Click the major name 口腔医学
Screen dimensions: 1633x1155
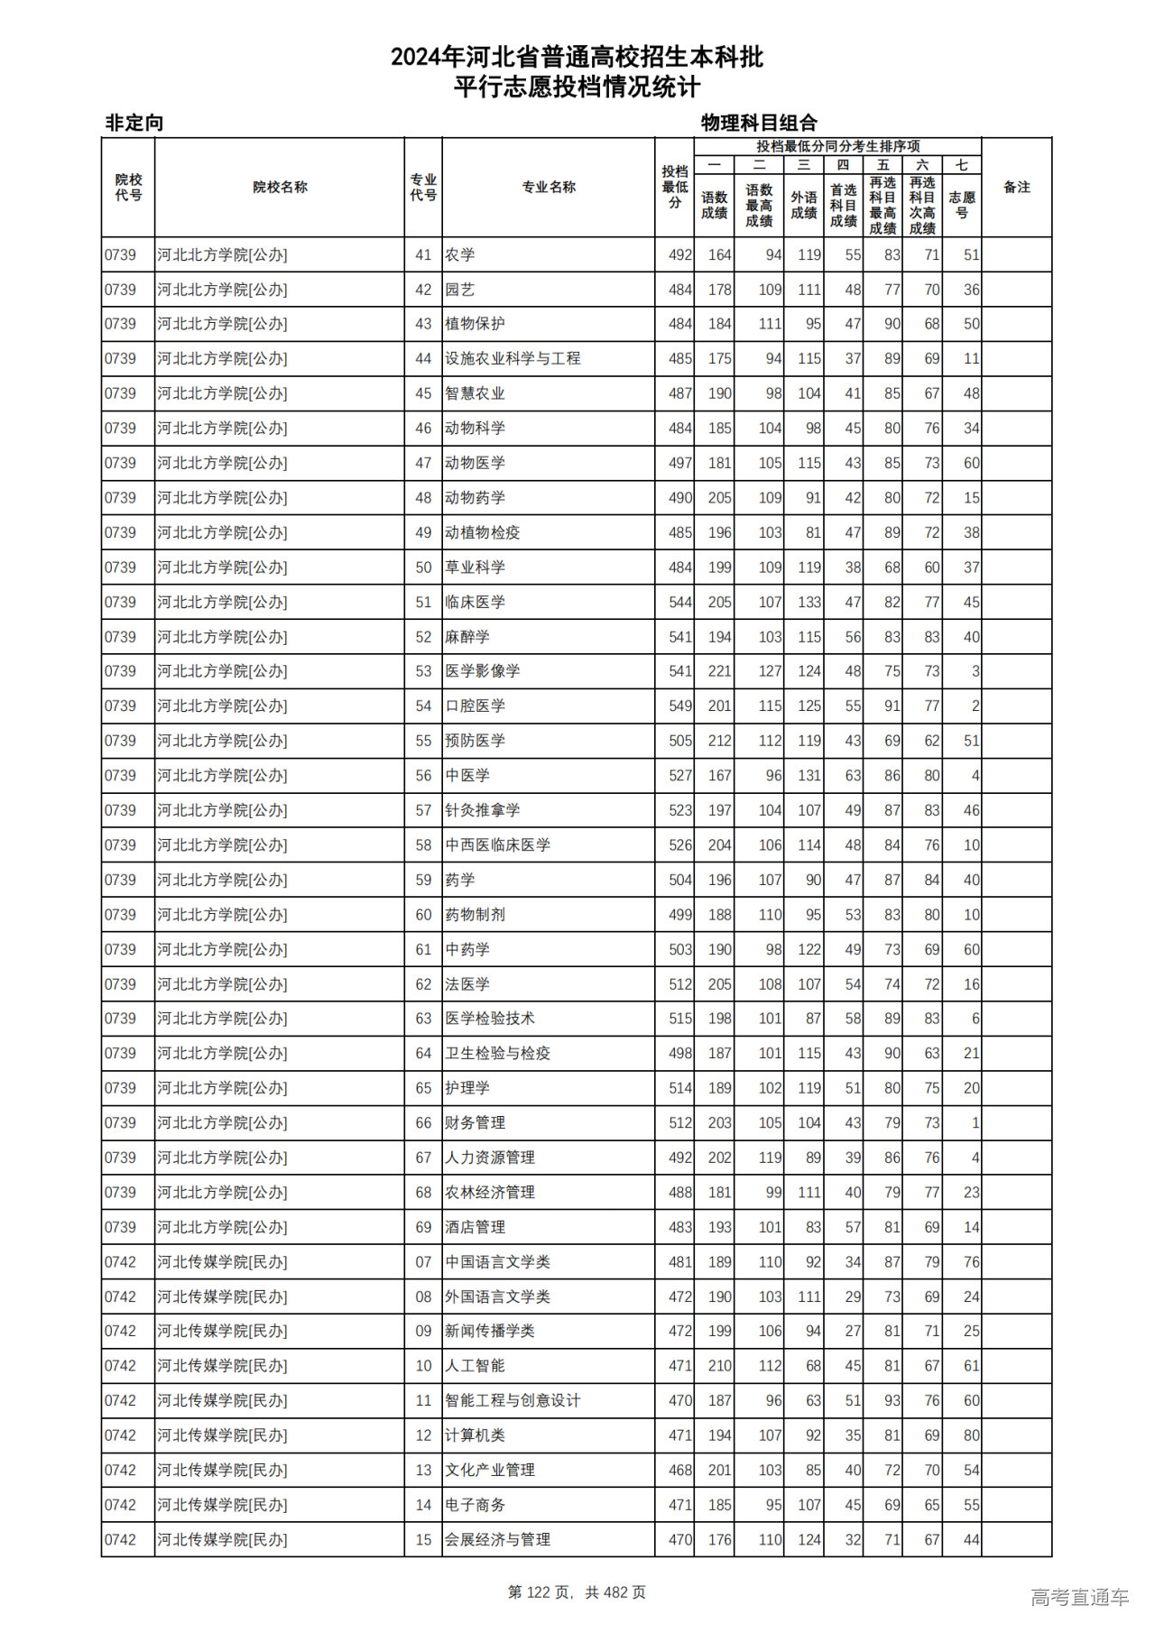click(475, 706)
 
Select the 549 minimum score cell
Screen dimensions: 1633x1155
click(679, 706)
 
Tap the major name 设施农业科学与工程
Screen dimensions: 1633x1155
click(513, 358)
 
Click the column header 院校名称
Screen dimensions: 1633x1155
click(280, 187)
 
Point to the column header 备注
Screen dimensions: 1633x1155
click(1016, 187)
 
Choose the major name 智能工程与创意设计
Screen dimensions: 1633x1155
click(513, 1400)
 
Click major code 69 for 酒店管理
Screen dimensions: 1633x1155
click(423, 1227)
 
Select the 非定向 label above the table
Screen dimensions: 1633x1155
click(134, 123)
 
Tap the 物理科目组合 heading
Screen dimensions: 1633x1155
click(759, 123)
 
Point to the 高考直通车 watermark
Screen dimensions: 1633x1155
click(1079, 1597)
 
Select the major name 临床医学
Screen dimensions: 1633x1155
click(475, 602)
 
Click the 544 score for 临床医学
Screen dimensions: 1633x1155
click(679, 602)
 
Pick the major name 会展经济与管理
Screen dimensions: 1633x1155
click(497, 1539)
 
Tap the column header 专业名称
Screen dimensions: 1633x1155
click(549, 187)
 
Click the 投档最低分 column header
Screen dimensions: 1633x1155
click(674, 187)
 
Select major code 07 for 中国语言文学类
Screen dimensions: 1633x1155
click(423, 1261)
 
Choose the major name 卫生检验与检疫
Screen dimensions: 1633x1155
click(497, 1053)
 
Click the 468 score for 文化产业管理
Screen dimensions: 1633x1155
click(679, 1470)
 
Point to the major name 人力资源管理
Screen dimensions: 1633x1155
click(490, 1158)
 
